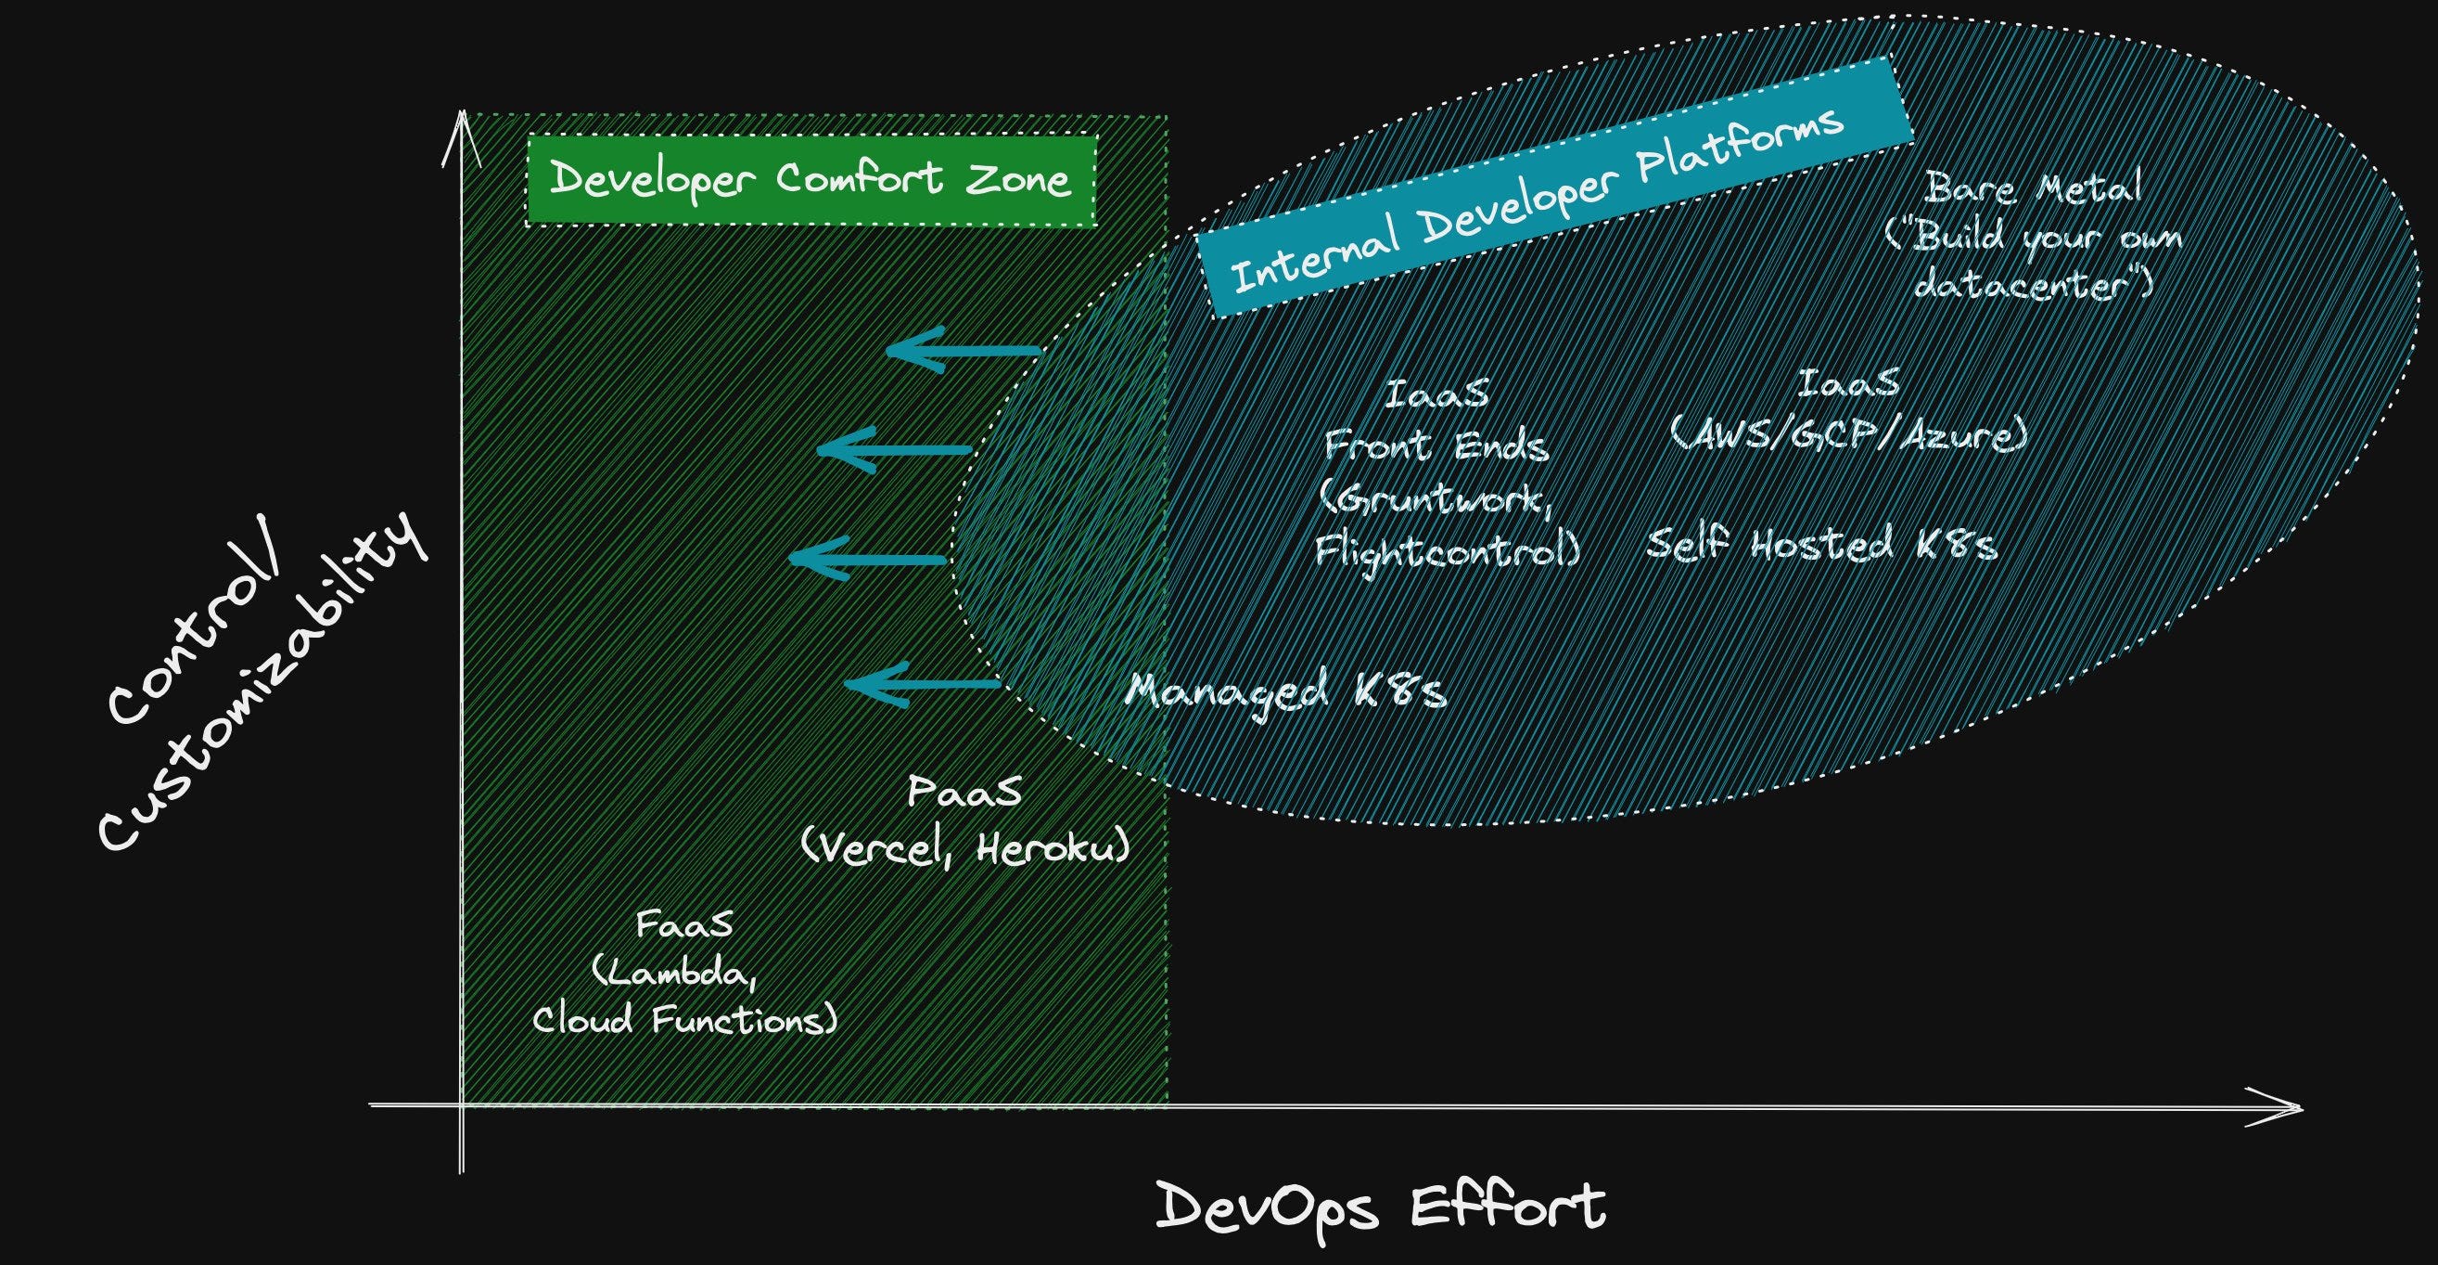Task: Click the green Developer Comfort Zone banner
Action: [811, 180]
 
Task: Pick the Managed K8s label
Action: [1285, 691]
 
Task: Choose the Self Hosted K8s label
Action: [1822, 546]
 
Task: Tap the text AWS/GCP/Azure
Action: [1848, 436]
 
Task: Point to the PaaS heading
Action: [964, 792]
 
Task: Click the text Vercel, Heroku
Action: [966, 848]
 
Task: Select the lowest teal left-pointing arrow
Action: [921, 685]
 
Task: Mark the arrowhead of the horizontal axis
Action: [2281, 1108]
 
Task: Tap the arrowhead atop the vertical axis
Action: [461, 133]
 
